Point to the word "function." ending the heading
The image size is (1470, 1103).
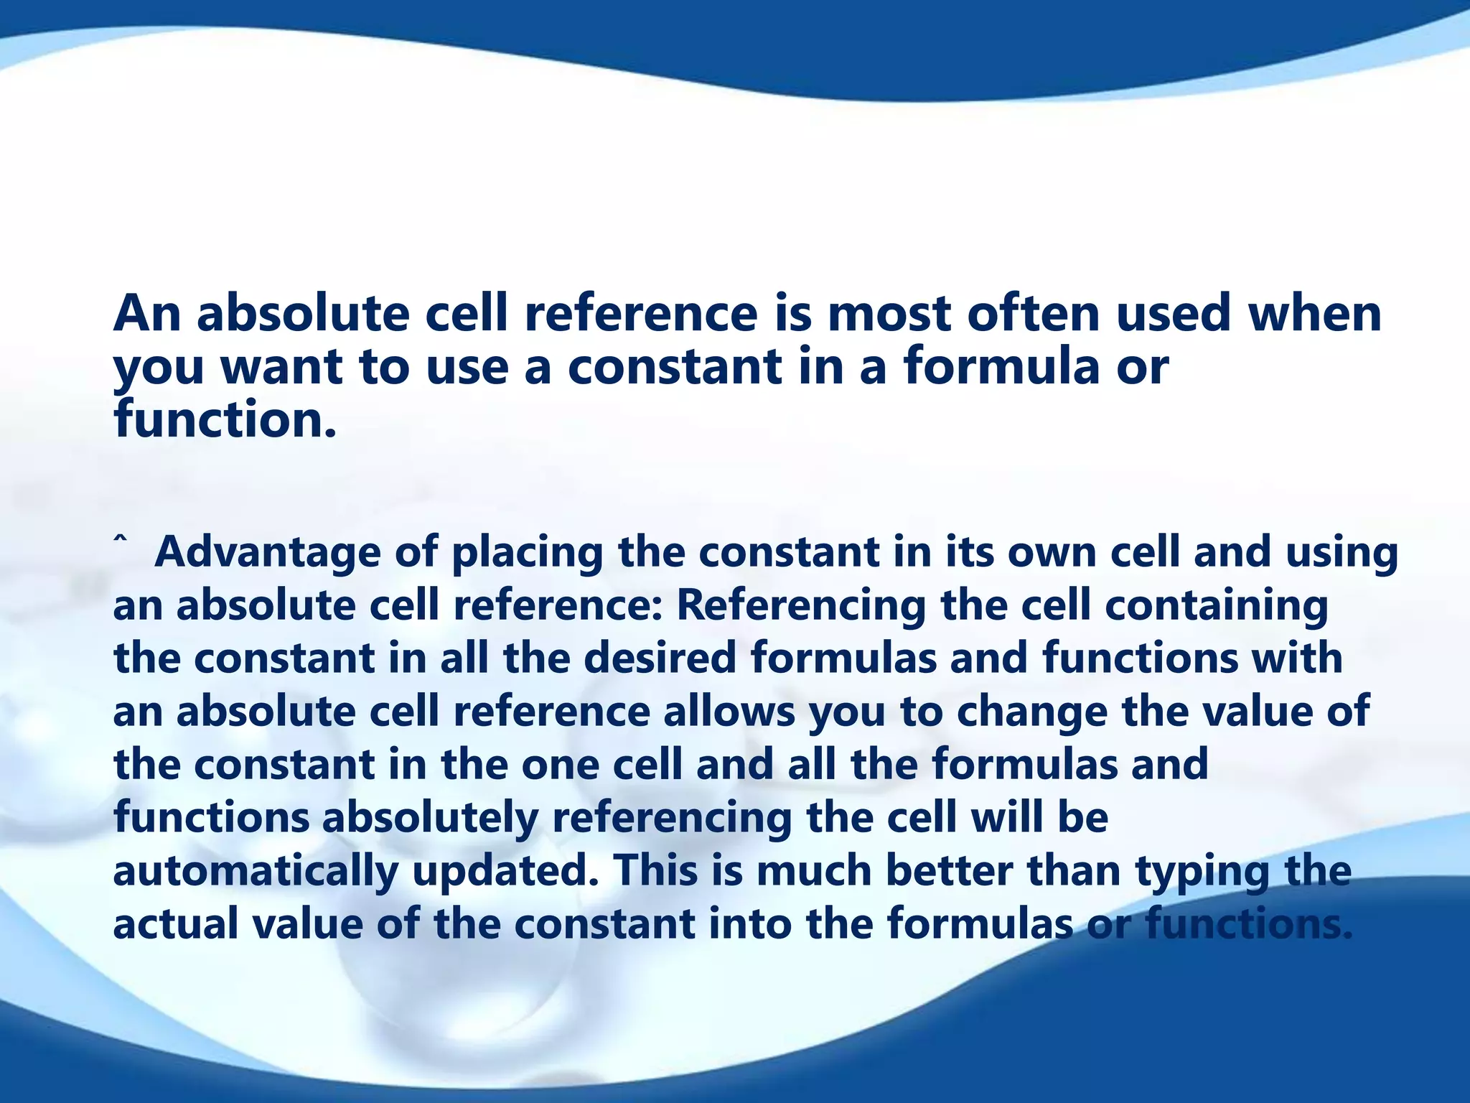(224, 420)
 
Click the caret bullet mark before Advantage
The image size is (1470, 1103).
(121, 539)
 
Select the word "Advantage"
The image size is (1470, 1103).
(267, 553)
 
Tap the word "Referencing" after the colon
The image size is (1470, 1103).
(801, 606)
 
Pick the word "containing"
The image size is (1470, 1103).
(1216, 606)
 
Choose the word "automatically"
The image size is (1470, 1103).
(256, 871)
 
